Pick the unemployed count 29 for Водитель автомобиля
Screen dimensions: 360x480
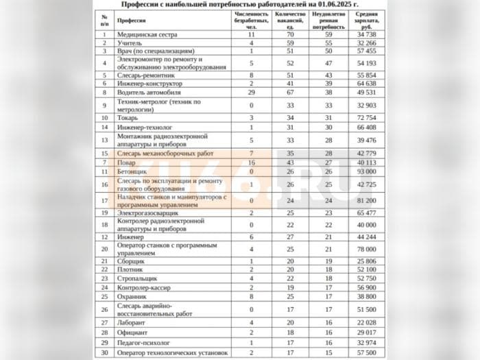[252, 92]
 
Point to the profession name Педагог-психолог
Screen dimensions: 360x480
[143, 342]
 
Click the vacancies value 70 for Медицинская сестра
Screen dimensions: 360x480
[290, 34]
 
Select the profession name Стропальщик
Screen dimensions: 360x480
[137, 278]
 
